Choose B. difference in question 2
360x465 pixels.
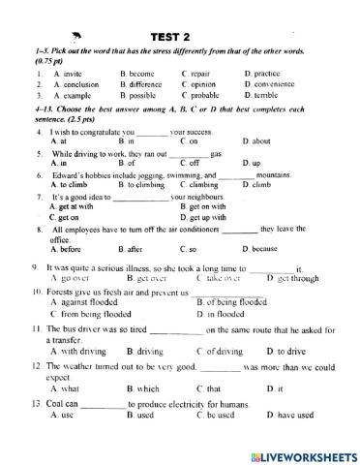141,83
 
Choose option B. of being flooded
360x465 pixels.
231,301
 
